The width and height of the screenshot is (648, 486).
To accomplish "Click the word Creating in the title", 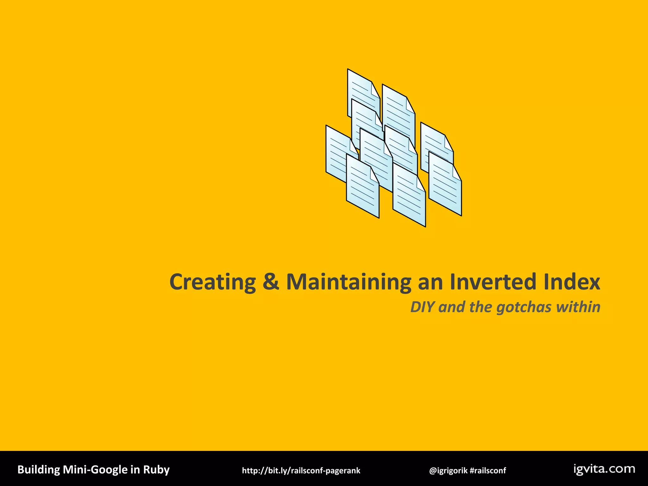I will (213, 282).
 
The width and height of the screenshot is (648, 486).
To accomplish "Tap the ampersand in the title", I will (271, 282).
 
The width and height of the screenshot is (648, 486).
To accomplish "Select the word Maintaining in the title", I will (348, 282).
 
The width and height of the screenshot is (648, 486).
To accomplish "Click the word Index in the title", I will (572, 282).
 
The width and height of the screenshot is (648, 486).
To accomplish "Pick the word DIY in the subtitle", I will (422, 307).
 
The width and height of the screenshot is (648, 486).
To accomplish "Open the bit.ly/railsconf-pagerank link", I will (301, 470).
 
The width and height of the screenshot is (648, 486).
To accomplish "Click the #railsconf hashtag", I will (488, 470).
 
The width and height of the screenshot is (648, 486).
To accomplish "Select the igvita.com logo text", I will (604, 469).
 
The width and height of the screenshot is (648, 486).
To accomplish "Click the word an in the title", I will (430, 282).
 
